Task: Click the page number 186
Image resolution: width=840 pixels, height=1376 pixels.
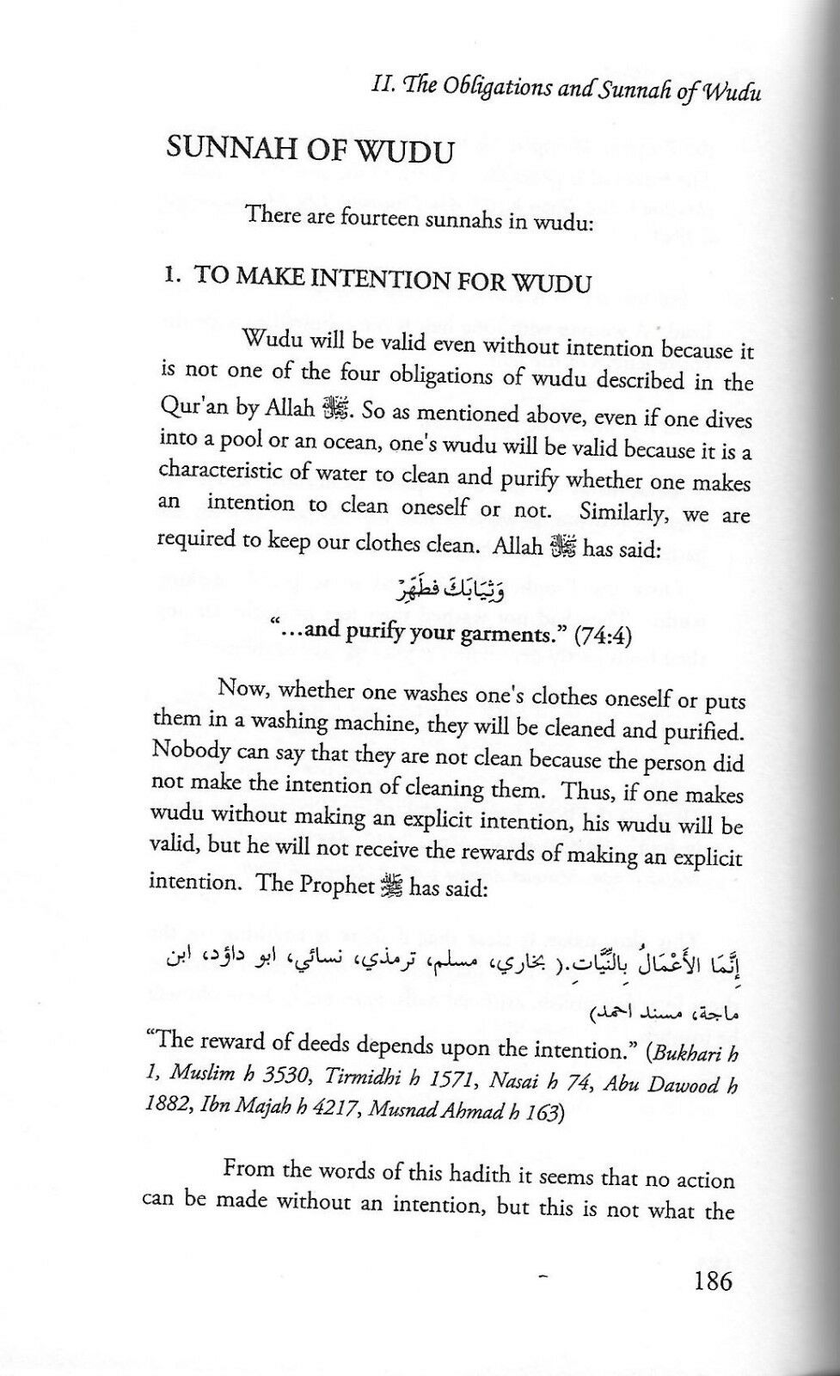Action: click(x=711, y=1282)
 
